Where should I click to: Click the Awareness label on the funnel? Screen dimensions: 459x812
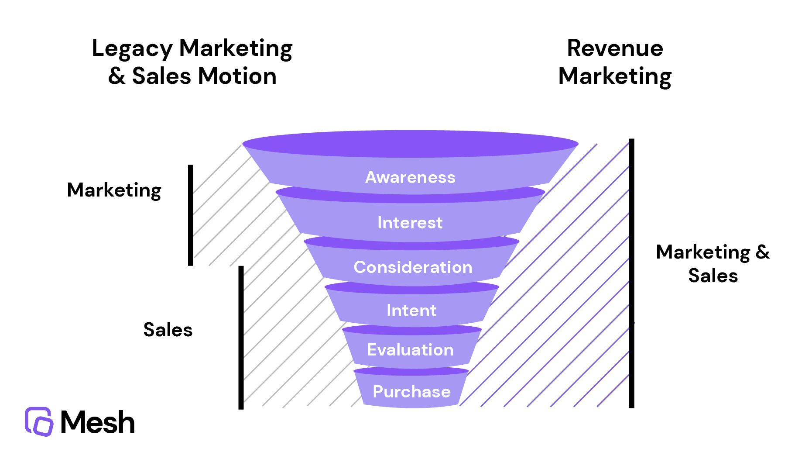click(410, 177)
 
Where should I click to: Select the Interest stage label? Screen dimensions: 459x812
click(410, 223)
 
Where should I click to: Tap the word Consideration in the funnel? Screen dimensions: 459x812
click(413, 267)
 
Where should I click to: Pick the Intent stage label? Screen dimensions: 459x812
click(411, 311)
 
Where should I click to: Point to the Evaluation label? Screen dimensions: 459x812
click(410, 350)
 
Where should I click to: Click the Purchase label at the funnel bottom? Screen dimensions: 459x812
click(411, 392)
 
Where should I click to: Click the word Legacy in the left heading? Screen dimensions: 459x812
click(132, 49)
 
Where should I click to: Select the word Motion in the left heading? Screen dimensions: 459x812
click(237, 76)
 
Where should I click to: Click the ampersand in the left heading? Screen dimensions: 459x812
click(116, 76)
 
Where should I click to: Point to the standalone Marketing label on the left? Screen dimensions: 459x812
click(114, 190)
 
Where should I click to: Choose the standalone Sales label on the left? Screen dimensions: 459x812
click(168, 330)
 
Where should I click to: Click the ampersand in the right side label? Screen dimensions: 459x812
click(762, 252)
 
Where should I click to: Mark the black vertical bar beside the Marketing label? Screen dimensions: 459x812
click(191, 215)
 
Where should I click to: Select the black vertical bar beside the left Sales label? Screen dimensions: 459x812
click(241, 337)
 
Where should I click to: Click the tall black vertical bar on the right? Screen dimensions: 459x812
click(631, 273)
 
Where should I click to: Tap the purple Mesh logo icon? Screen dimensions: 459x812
click(39, 421)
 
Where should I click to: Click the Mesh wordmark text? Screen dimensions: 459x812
click(97, 422)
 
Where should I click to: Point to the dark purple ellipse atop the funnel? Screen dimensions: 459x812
click(410, 143)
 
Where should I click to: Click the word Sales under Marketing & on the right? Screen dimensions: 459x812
click(713, 276)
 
